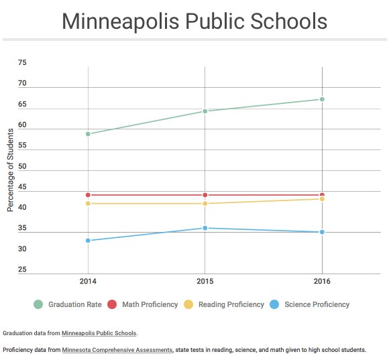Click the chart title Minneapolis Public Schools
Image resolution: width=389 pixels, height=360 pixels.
tap(194, 21)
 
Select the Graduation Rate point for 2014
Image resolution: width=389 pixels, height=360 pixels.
tap(88, 134)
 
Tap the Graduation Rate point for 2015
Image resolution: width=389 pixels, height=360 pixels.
tap(205, 111)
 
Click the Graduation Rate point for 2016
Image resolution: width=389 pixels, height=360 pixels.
tap(323, 99)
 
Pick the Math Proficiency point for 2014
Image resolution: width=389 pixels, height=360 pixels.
tap(88, 195)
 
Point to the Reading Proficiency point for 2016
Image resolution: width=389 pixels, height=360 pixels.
tap(323, 199)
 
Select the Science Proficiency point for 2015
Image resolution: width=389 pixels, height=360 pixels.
tap(205, 228)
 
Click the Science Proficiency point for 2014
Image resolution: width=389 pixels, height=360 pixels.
tap(88, 241)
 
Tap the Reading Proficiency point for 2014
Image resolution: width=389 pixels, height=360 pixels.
tap(88, 203)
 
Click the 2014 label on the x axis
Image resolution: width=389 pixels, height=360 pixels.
tap(88, 282)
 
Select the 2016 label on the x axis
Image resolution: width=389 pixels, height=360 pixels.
tap(323, 282)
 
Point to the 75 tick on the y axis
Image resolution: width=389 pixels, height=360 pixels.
tap(23, 63)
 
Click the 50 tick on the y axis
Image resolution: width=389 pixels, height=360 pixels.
tap(23, 166)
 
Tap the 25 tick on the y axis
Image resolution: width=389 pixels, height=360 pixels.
tap(23, 270)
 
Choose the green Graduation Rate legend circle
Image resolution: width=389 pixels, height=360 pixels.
tap(39, 304)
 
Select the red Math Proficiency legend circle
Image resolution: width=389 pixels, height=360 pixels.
tap(113, 304)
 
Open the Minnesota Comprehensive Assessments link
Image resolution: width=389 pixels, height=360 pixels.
tap(117, 350)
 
